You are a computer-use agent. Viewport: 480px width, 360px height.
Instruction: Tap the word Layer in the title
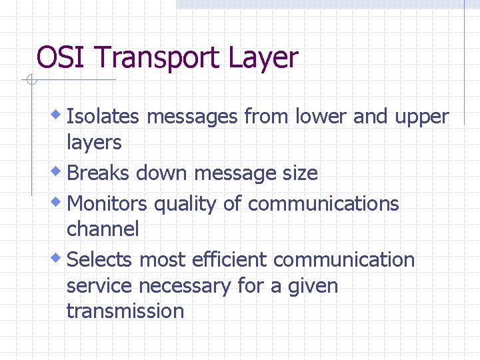click(263, 59)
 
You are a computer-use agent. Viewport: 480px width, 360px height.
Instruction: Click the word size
click(299, 173)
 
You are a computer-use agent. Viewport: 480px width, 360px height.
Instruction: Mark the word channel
click(103, 229)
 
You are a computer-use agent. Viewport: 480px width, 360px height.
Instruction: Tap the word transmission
click(125, 311)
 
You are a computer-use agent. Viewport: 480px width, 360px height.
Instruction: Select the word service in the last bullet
click(99, 286)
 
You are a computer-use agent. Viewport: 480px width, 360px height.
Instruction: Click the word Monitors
click(108, 203)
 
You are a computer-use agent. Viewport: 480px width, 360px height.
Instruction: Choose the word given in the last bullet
click(313, 287)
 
